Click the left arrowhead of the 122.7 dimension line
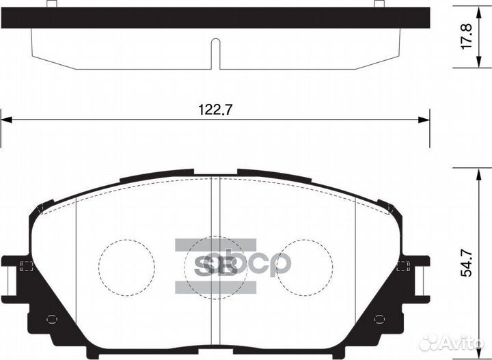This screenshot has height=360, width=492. point(6,121)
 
